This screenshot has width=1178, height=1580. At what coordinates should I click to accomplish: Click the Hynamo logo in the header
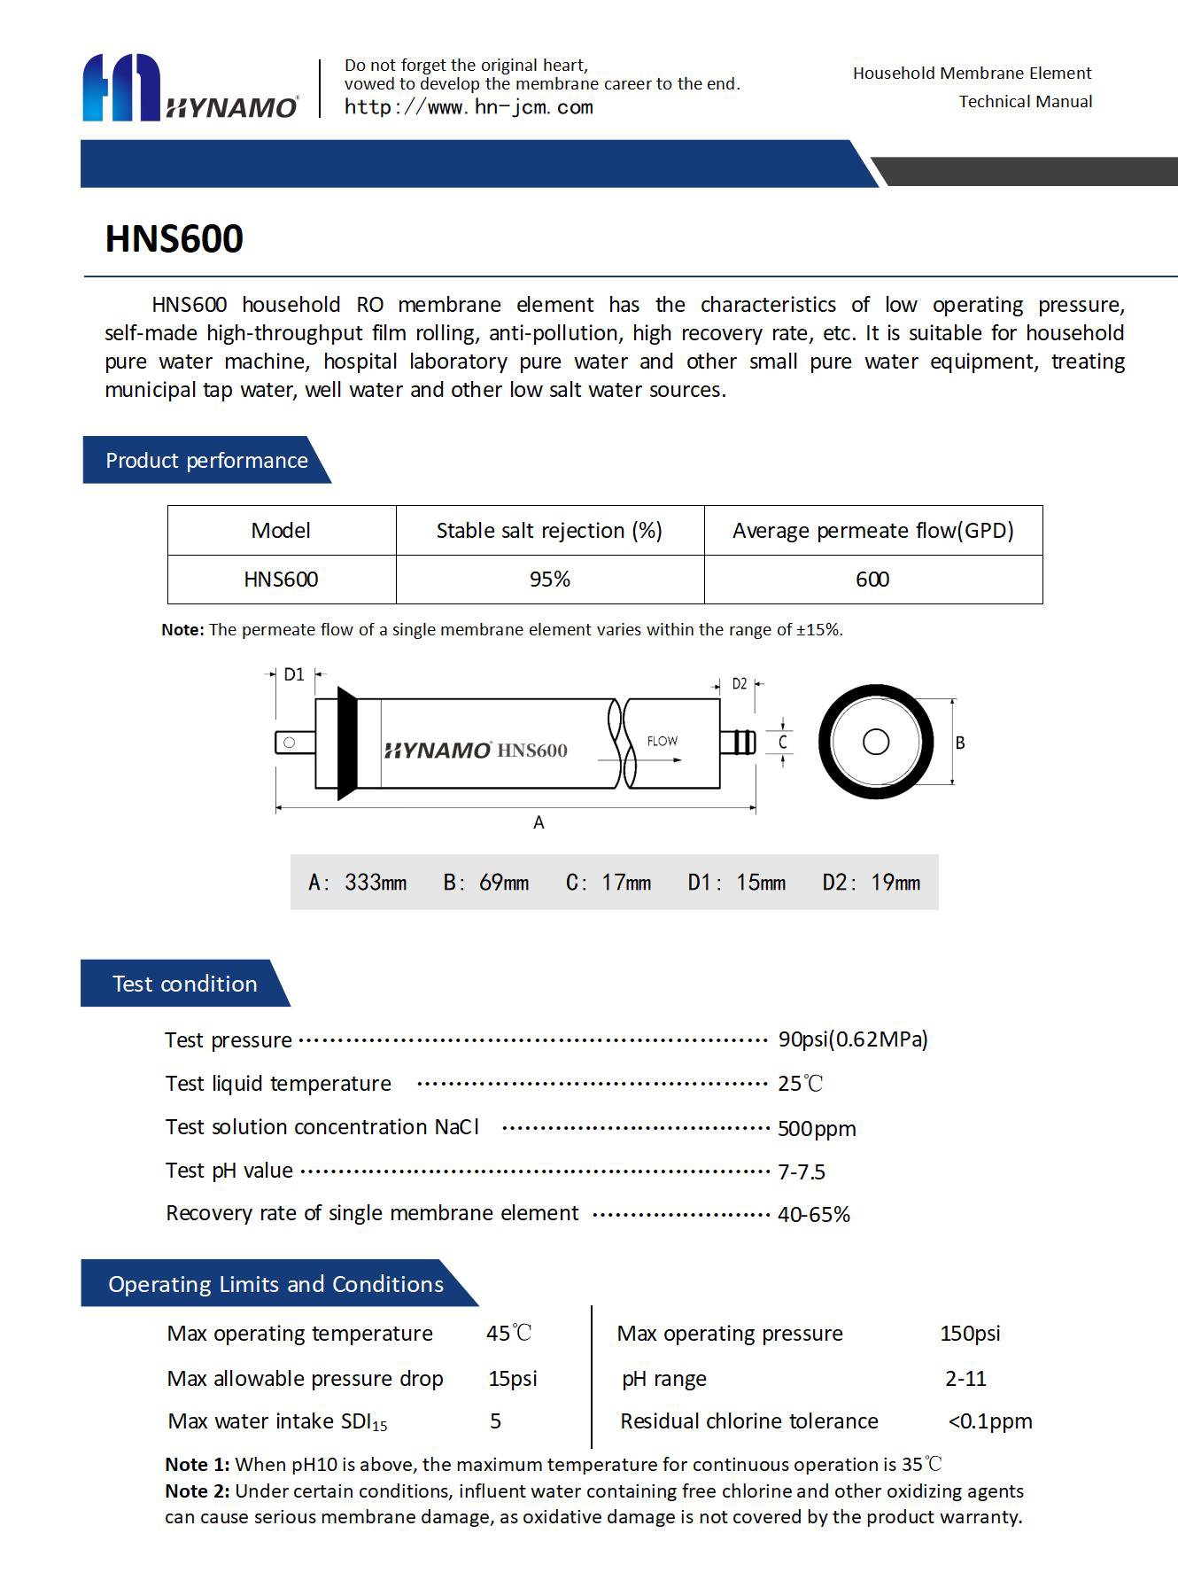click(x=190, y=88)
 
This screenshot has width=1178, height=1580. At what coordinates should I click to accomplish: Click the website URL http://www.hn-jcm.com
click(x=469, y=107)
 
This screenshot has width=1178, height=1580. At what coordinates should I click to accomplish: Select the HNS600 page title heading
click(x=174, y=238)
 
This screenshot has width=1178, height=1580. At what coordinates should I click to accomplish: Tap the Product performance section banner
click(x=206, y=460)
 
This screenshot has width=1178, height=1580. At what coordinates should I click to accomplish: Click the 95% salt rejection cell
click(x=549, y=580)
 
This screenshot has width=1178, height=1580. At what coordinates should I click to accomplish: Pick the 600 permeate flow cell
click(x=872, y=580)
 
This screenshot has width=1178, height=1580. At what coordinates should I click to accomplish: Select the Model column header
click(x=281, y=531)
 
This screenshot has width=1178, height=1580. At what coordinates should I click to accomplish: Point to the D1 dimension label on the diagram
click(x=293, y=674)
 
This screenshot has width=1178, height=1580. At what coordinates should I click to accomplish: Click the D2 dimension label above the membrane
click(x=740, y=684)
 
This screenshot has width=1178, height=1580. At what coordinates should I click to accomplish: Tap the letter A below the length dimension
click(x=539, y=823)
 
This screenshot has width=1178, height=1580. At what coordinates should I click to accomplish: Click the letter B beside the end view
click(x=960, y=743)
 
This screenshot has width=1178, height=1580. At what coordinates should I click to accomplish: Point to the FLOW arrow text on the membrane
click(x=662, y=742)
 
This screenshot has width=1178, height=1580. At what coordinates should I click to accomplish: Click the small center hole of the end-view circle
click(x=876, y=742)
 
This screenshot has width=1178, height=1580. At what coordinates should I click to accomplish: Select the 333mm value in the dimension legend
click(x=376, y=883)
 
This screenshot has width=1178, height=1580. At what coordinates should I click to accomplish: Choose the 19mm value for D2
click(x=895, y=883)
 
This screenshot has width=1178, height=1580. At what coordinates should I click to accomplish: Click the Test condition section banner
click(x=184, y=984)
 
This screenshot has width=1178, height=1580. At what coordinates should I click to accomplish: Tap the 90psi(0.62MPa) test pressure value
click(x=853, y=1039)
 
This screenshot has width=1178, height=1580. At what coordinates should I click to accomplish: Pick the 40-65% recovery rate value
click(x=814, y=1214)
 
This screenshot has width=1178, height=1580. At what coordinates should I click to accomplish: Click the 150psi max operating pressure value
click(x=970, y=1334)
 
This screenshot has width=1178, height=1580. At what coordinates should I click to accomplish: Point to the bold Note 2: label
click(x=198, y=1491)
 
